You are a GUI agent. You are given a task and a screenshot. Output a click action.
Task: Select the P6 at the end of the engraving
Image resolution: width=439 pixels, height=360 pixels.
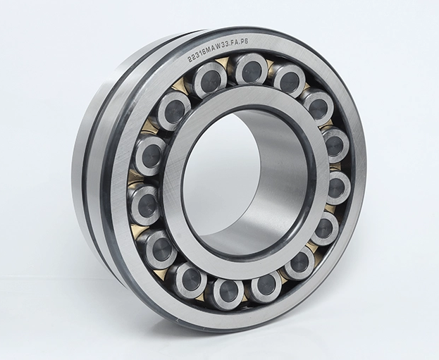(246, 42)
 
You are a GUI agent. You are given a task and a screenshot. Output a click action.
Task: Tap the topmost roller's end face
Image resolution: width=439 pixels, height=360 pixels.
(251, 70)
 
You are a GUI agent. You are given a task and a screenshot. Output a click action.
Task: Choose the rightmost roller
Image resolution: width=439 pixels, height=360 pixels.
(338, 187)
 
